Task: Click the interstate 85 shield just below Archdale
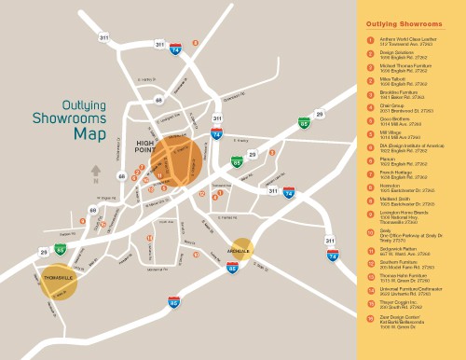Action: coord(232,268)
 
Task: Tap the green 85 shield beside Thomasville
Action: coord(61,249)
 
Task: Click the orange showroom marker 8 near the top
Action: coord(196,43)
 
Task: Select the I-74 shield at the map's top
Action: coord(175,48)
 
